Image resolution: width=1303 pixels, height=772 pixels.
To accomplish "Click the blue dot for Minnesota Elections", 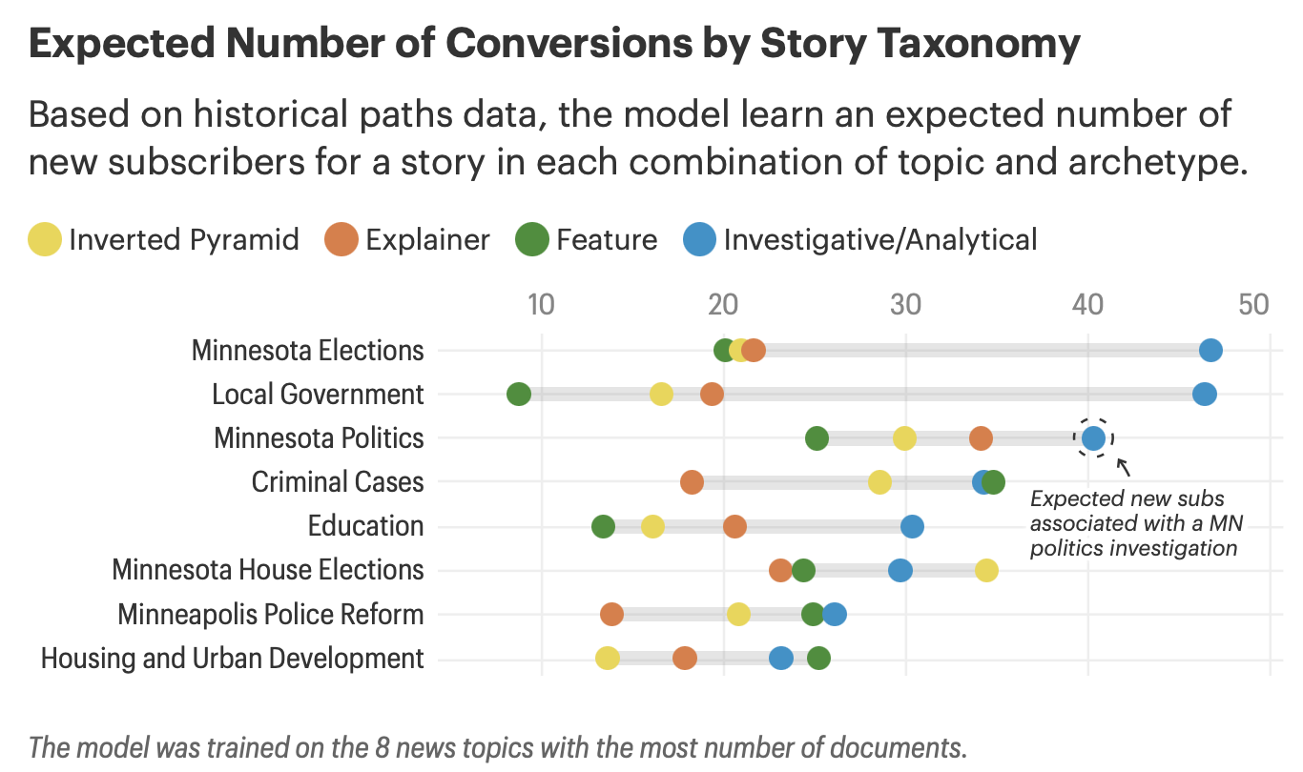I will click(1210, 351).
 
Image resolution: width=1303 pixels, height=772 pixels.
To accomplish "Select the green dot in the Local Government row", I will click(519, 395).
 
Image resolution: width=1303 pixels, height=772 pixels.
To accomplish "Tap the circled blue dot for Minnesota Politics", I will click(1093, 438).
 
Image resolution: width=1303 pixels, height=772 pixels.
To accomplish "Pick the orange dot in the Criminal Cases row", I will click(693, 482).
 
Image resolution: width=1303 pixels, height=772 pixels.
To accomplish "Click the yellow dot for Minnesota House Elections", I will click(986, 570).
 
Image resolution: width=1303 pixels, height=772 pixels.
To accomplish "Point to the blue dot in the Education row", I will click(912, 526).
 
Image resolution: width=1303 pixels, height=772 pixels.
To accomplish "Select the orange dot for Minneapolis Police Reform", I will click(612, 614).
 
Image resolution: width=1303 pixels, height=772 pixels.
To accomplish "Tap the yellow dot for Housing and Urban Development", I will click(608, 658).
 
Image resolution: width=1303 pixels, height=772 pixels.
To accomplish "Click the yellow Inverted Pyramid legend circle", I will click(46, 239).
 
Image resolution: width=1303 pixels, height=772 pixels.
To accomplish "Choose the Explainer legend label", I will click(427, 239).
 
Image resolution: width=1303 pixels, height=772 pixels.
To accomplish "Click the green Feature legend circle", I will click(532, 239).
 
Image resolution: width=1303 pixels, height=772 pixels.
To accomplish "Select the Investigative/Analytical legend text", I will click(879, 239).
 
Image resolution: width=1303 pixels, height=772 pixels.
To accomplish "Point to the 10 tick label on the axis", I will click(540, 305).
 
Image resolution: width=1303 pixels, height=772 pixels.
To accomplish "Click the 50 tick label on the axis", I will click(1253, 305).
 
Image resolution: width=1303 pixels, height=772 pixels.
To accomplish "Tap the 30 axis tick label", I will click(905, 305).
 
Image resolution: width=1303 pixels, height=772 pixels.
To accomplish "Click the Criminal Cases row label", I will click(337, 482).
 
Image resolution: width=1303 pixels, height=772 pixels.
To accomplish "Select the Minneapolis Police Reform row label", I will click(270, 615).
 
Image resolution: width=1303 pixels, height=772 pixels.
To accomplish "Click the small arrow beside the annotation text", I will click(1124, 467).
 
